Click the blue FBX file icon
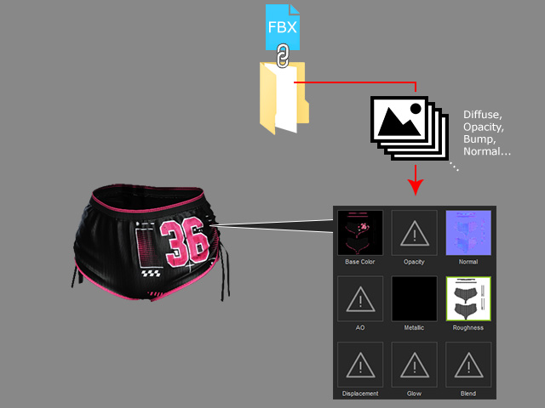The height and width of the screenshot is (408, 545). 282,27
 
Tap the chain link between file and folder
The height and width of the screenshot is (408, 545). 283,55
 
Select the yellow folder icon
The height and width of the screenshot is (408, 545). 284,99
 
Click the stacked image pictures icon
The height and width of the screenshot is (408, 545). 409,128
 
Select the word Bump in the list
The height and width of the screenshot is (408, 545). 479,139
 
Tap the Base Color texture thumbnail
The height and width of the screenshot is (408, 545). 360,233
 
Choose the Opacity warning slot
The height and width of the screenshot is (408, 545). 414,233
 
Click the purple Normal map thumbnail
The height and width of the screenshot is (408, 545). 468,233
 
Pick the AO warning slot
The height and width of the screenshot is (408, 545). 360,298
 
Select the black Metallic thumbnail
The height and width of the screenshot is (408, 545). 414,298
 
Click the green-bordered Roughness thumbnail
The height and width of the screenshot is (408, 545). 468,298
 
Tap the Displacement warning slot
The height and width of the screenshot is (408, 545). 360,365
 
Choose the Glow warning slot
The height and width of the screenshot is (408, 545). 414,365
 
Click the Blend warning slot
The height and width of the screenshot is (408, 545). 468,365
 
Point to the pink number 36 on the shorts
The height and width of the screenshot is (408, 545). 184,243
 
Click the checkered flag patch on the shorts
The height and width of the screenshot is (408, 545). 152,274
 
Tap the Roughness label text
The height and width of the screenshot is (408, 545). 468,328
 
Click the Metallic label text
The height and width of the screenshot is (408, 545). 414,328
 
